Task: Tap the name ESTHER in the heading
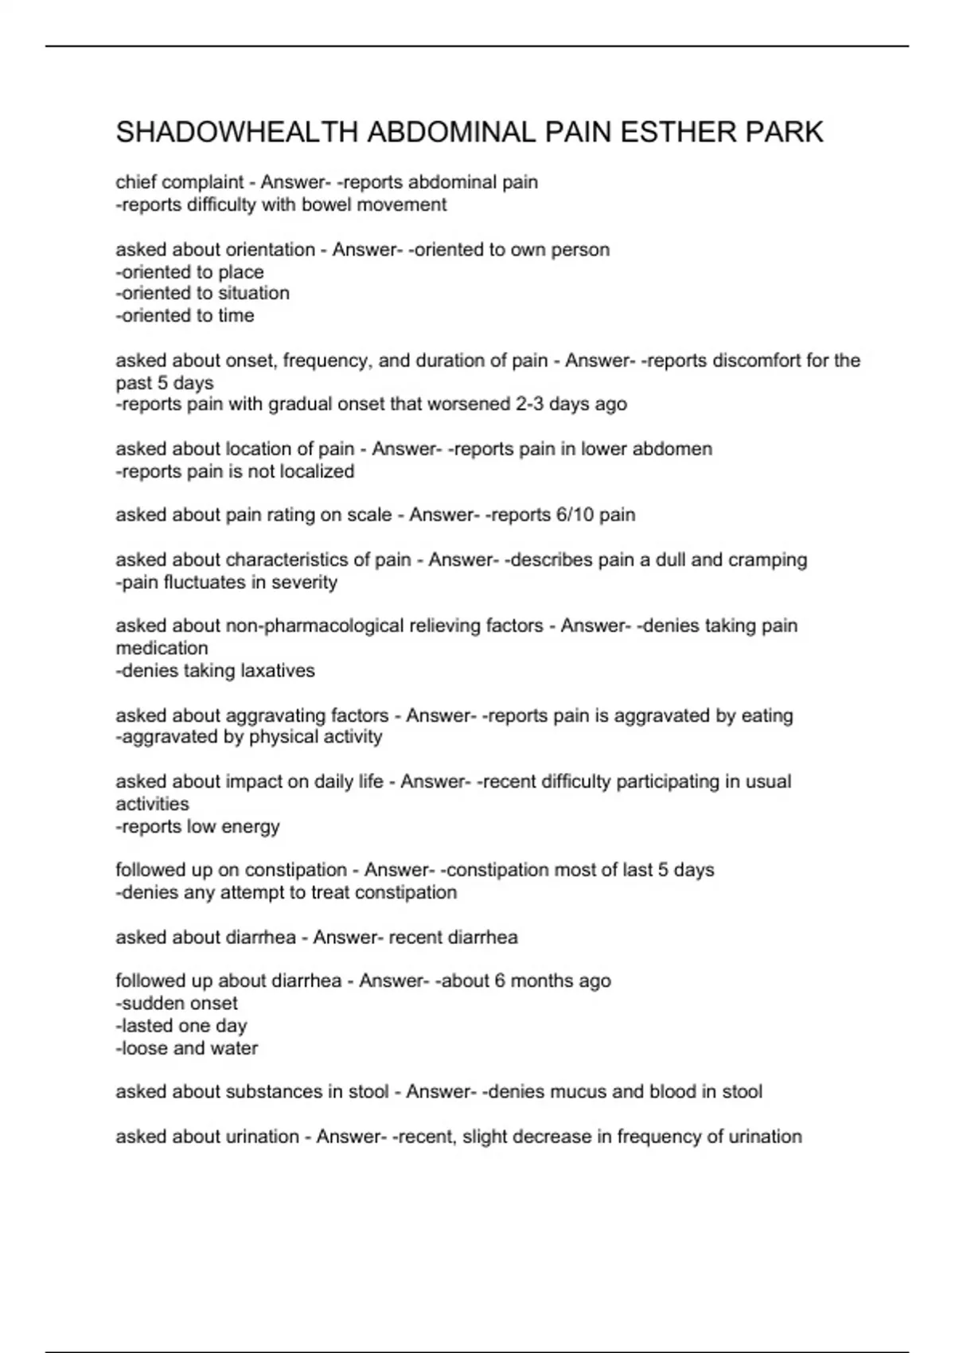pos(677,132)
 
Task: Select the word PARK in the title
pos(784,132)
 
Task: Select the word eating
pos(766,715)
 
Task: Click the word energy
pos(249,826)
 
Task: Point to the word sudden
pos(152,1003)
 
